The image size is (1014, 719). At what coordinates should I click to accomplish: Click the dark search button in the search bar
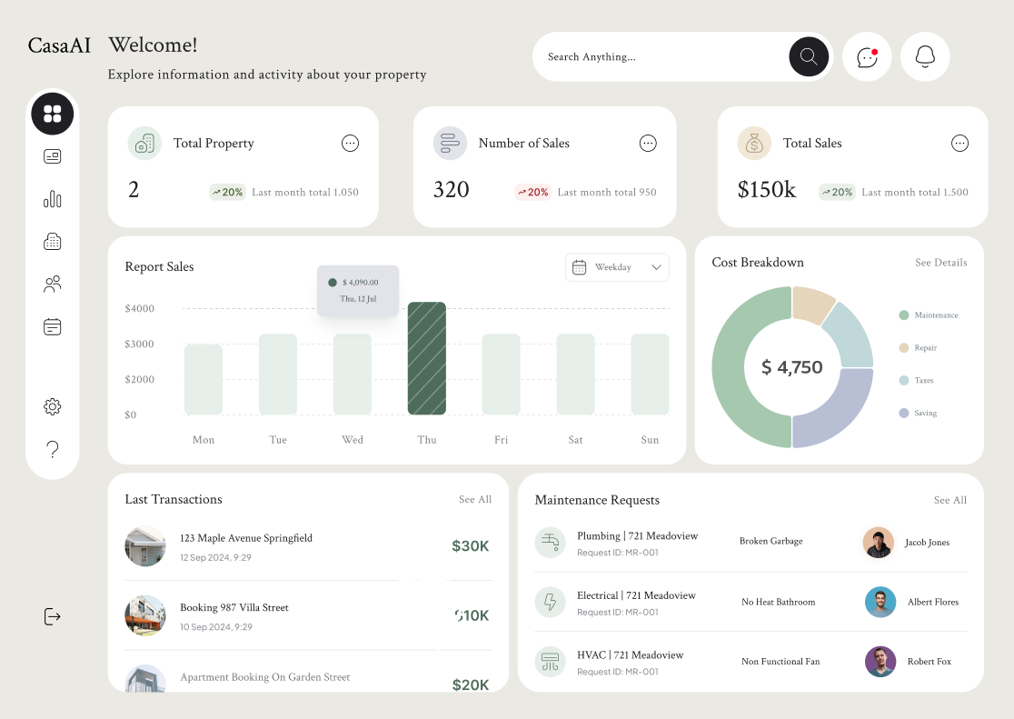(809, 56)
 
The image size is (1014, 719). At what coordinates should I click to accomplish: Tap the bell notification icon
(925, 56)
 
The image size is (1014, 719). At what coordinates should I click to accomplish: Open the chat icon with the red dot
(867, 57)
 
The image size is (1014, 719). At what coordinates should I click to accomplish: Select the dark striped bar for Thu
(427, 358)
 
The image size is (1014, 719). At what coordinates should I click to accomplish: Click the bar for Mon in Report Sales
(204, 379)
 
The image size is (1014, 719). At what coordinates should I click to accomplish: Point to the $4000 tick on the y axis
(140, 309)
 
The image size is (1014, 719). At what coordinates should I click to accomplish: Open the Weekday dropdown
(617, 267)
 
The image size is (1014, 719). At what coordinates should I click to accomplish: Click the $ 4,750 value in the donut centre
(792, 367)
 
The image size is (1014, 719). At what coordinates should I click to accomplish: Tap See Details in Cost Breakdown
(940, 263)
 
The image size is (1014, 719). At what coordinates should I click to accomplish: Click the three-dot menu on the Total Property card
(350, 143)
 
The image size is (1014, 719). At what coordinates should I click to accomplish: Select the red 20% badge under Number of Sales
(533, 192)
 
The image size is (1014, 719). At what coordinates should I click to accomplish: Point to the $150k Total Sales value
(767, 190)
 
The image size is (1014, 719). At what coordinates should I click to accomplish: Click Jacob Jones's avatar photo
(879, 543)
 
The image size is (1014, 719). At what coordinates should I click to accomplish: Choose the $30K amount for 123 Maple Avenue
(470, 546)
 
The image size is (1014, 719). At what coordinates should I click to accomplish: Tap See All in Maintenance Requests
(949, 500)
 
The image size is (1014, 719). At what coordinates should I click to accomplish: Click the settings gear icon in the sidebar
(53, 406)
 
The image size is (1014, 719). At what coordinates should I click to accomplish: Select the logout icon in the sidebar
(53, 616)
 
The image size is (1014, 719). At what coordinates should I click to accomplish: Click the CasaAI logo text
(59, 45)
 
